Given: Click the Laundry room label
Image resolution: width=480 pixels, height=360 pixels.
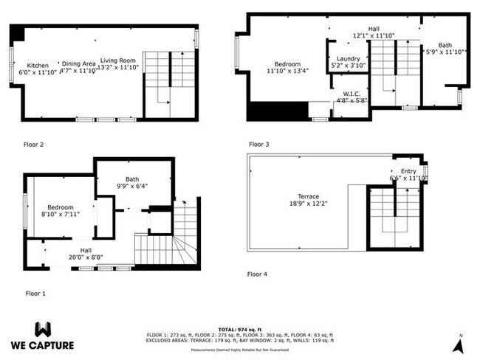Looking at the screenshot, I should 348,58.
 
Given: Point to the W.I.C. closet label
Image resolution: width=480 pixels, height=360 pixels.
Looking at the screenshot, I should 351,94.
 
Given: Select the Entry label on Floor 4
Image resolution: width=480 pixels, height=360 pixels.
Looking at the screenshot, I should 408,171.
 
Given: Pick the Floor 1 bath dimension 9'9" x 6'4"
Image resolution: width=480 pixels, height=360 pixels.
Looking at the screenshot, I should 132,186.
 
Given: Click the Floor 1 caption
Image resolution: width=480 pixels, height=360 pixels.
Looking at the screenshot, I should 35,293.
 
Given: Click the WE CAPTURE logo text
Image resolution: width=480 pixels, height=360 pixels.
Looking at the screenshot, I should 41,344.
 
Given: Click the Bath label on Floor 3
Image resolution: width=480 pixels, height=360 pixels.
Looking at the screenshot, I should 445,45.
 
